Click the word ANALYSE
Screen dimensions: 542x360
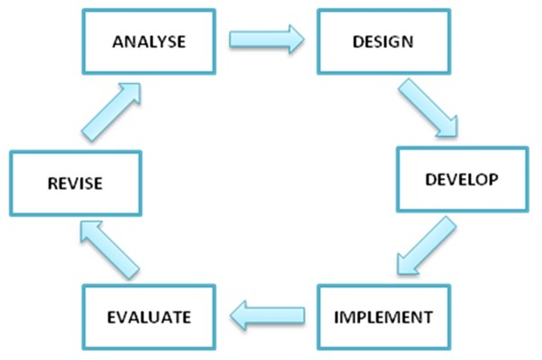click(149, 41)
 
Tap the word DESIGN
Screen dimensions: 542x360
click(383, 41)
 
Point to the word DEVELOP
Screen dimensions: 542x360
click(462, 179)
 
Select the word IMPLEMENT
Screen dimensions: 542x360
click(384, 317)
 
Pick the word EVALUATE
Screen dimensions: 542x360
click(149, 317)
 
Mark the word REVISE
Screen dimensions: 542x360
click(75, 183)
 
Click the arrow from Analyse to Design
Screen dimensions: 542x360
click(266, 39)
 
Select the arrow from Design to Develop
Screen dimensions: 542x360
click(429, 108)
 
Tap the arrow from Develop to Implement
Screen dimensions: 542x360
click(426, 246)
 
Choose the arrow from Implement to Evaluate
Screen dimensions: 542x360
click(267, 315)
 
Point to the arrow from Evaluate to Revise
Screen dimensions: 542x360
click(110, 250)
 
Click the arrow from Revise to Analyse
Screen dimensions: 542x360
click(111, 112)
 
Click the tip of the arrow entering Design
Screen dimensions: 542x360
click(304, 39)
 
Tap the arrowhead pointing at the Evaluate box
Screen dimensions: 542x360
click(230, 315)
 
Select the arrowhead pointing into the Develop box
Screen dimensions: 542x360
click(457, 136)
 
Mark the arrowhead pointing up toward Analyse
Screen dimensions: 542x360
click(140, 84)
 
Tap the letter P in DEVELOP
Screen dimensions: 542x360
click(493, 179)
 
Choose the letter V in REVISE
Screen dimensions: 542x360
click(73, 183)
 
